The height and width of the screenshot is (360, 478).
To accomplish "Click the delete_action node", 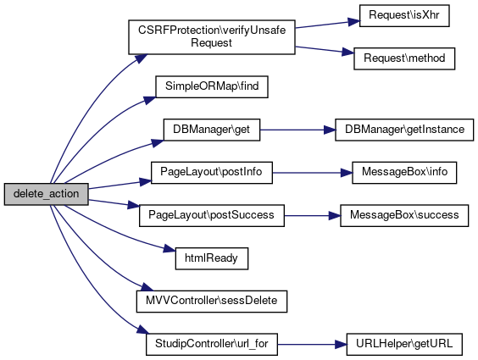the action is click(x=47, y=194).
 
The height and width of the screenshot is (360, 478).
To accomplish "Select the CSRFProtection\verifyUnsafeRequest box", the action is click(x=212, y=37).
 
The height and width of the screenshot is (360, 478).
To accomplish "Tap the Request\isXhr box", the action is click(x=404, y=15).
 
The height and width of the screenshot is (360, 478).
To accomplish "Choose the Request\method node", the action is click(x=404, y=58).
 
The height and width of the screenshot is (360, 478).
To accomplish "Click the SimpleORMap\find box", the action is click(x=212, y=86).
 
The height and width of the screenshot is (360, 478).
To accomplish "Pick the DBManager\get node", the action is click(x=212, y=130).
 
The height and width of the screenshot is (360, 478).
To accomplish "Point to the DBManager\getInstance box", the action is click(x=404, y=130).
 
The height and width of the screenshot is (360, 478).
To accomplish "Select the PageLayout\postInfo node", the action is click(x=212, y=173).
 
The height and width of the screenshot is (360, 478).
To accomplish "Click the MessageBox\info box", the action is click(x=404, y=173).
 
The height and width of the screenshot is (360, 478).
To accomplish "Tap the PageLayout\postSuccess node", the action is click(x=212, y=216).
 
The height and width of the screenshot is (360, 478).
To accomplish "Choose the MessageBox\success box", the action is click(x=404, y=216).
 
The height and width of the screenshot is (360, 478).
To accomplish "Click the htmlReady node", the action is click(x=212, y=258).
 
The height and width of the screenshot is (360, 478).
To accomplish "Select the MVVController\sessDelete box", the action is click(x=212, y=302).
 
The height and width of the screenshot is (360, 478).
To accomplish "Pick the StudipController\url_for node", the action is click(x=212, y=345).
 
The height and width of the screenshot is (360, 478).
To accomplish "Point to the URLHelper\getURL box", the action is click(x=404, y=345).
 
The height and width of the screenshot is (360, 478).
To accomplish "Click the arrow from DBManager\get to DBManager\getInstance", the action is click(x=297, y=130).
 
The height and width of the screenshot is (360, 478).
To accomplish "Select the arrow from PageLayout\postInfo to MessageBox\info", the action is click(x=312, y=173).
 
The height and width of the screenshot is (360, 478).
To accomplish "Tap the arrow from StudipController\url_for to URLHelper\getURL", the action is click(x=312, y=345).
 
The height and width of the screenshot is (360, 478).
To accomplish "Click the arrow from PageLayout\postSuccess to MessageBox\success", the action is click(x=312, y=216).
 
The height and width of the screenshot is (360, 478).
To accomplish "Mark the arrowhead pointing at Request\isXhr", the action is click(x=354, y=22).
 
